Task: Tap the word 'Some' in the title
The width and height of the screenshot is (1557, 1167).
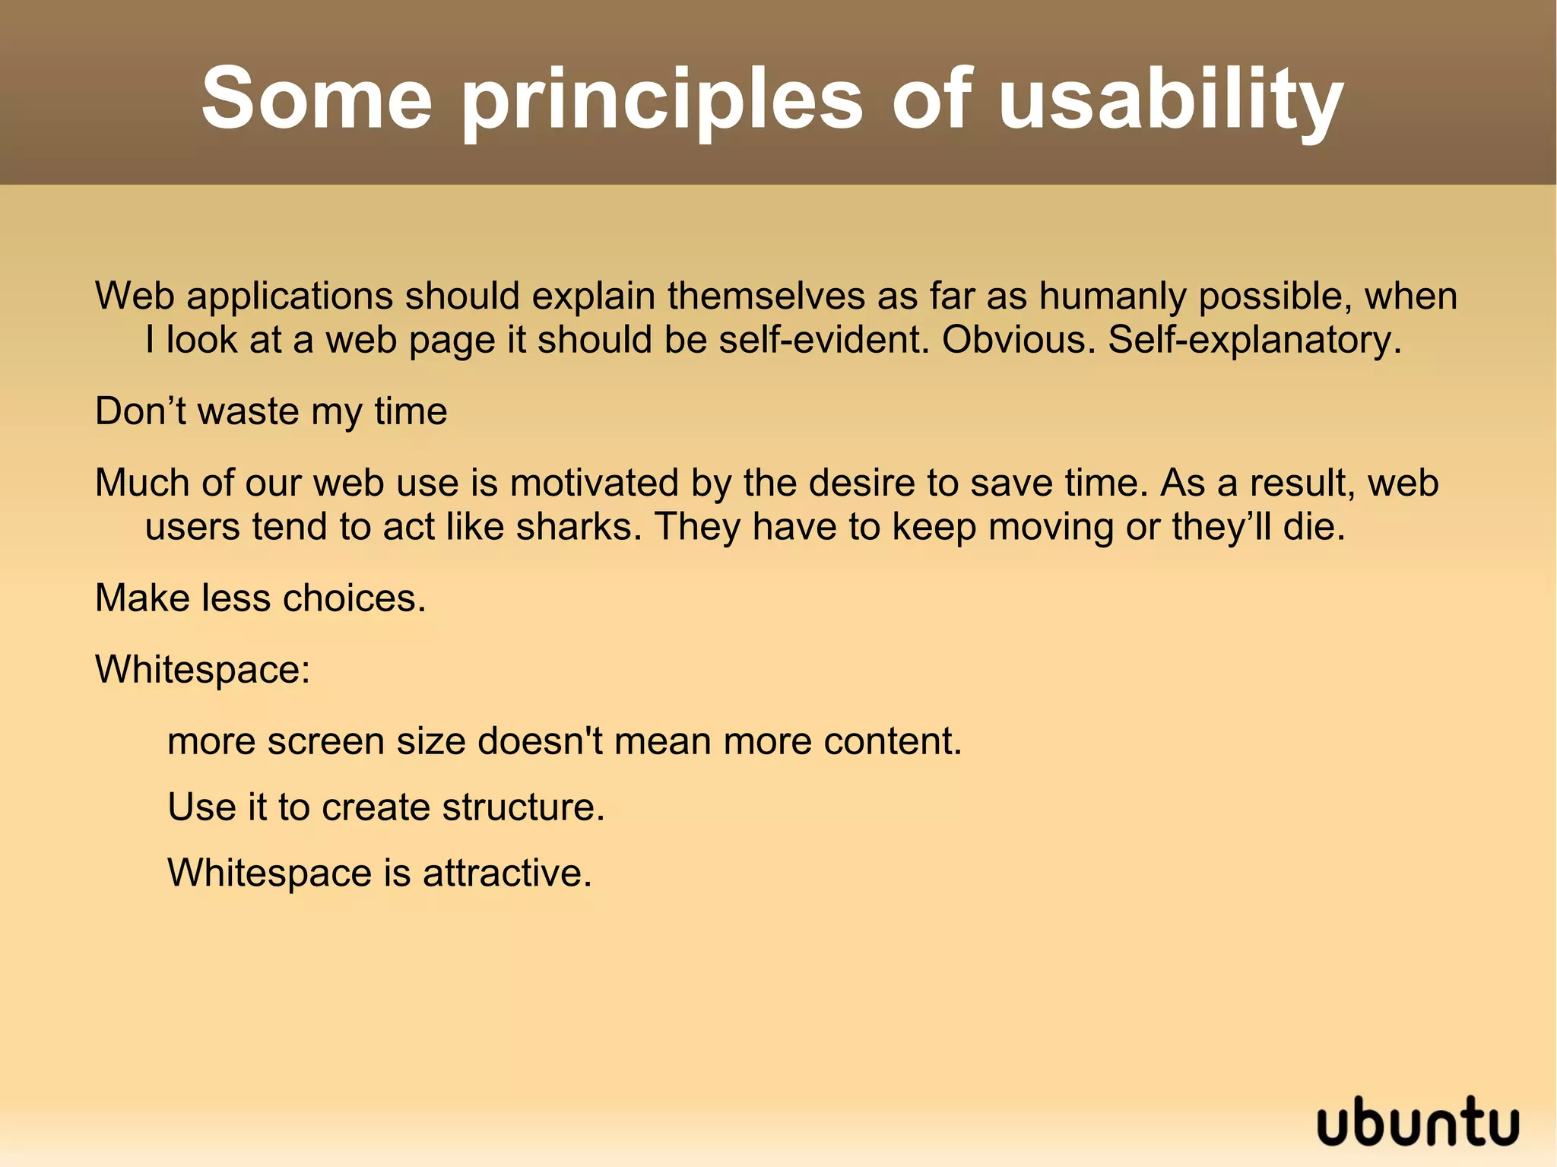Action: tap(316, 99)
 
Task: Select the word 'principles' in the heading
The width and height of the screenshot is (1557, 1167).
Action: tap(662, 100)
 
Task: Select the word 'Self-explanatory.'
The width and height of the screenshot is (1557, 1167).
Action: tap(1254, 340)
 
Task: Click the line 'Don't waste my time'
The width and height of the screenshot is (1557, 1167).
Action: tap(271, 411)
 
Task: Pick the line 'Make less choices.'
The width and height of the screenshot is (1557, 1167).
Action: tap(260, 598)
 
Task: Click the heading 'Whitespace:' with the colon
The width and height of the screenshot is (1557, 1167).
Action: tap(202, 670)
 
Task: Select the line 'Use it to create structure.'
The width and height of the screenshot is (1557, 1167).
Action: tap(385, 807)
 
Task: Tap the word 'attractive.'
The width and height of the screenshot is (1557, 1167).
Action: tap(507, 873)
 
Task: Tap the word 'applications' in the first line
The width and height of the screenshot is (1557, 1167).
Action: tap(290, 297)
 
